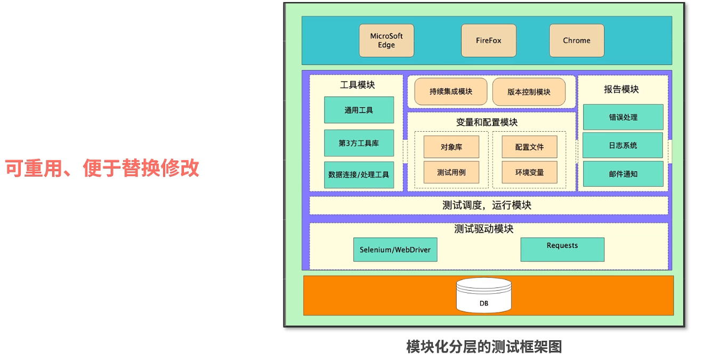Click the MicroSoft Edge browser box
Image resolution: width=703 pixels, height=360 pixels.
point(386,41)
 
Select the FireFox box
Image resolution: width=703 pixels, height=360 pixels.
point(489,41)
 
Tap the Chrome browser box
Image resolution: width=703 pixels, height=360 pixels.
point(577,41)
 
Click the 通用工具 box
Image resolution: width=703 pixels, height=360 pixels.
point(359,110)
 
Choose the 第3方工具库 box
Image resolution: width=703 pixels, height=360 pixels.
point(359,143)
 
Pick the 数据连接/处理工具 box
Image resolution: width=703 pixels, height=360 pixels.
point(359,174)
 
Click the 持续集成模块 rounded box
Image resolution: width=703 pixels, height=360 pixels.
point(451,92)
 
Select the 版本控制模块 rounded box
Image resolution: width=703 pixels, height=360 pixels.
point(529,92)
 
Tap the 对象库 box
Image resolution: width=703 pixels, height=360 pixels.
point(451,147)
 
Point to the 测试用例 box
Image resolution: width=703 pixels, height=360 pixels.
point(451,172)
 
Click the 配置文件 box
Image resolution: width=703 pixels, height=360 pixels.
point(529,147)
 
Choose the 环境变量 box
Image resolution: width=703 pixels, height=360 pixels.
point(529,172)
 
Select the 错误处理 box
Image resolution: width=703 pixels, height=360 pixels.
point(623,117)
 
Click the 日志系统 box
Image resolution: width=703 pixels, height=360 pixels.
point(623,145)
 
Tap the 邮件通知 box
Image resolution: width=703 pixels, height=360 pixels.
point(623,174)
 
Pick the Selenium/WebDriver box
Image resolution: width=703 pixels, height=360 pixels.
point(395,250)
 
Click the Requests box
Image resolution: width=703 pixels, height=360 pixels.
point(562,249)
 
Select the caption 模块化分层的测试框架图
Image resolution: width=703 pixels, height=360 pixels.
point(484,347)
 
